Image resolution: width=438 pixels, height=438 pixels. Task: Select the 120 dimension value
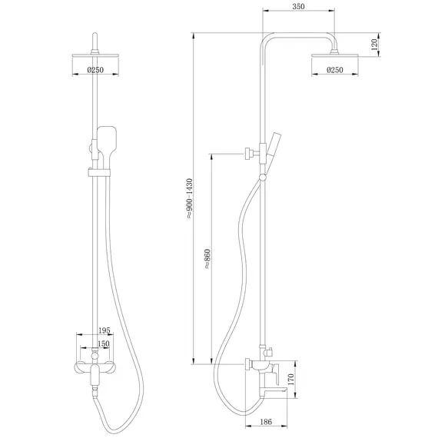coord(374,44)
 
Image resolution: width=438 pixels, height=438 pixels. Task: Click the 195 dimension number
coord(105,330)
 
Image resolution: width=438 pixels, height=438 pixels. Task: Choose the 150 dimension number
coord(103,343)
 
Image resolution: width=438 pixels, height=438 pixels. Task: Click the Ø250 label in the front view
coord(95,70)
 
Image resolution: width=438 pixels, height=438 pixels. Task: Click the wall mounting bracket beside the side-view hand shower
coord(250,153)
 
